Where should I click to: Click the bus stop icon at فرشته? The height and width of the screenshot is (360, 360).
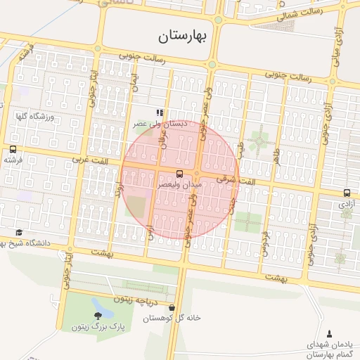13,149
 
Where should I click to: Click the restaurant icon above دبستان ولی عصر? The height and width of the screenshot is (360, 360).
160,112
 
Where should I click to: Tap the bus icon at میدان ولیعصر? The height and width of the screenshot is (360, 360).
179,173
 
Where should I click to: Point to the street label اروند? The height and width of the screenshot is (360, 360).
120,187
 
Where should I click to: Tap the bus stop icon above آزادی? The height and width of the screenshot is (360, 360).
347,192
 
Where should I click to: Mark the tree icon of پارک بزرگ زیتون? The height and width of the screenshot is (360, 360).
96,314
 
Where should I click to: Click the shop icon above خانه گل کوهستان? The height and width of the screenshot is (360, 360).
172,307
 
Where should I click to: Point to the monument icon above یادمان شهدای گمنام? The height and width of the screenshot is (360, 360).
330,333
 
